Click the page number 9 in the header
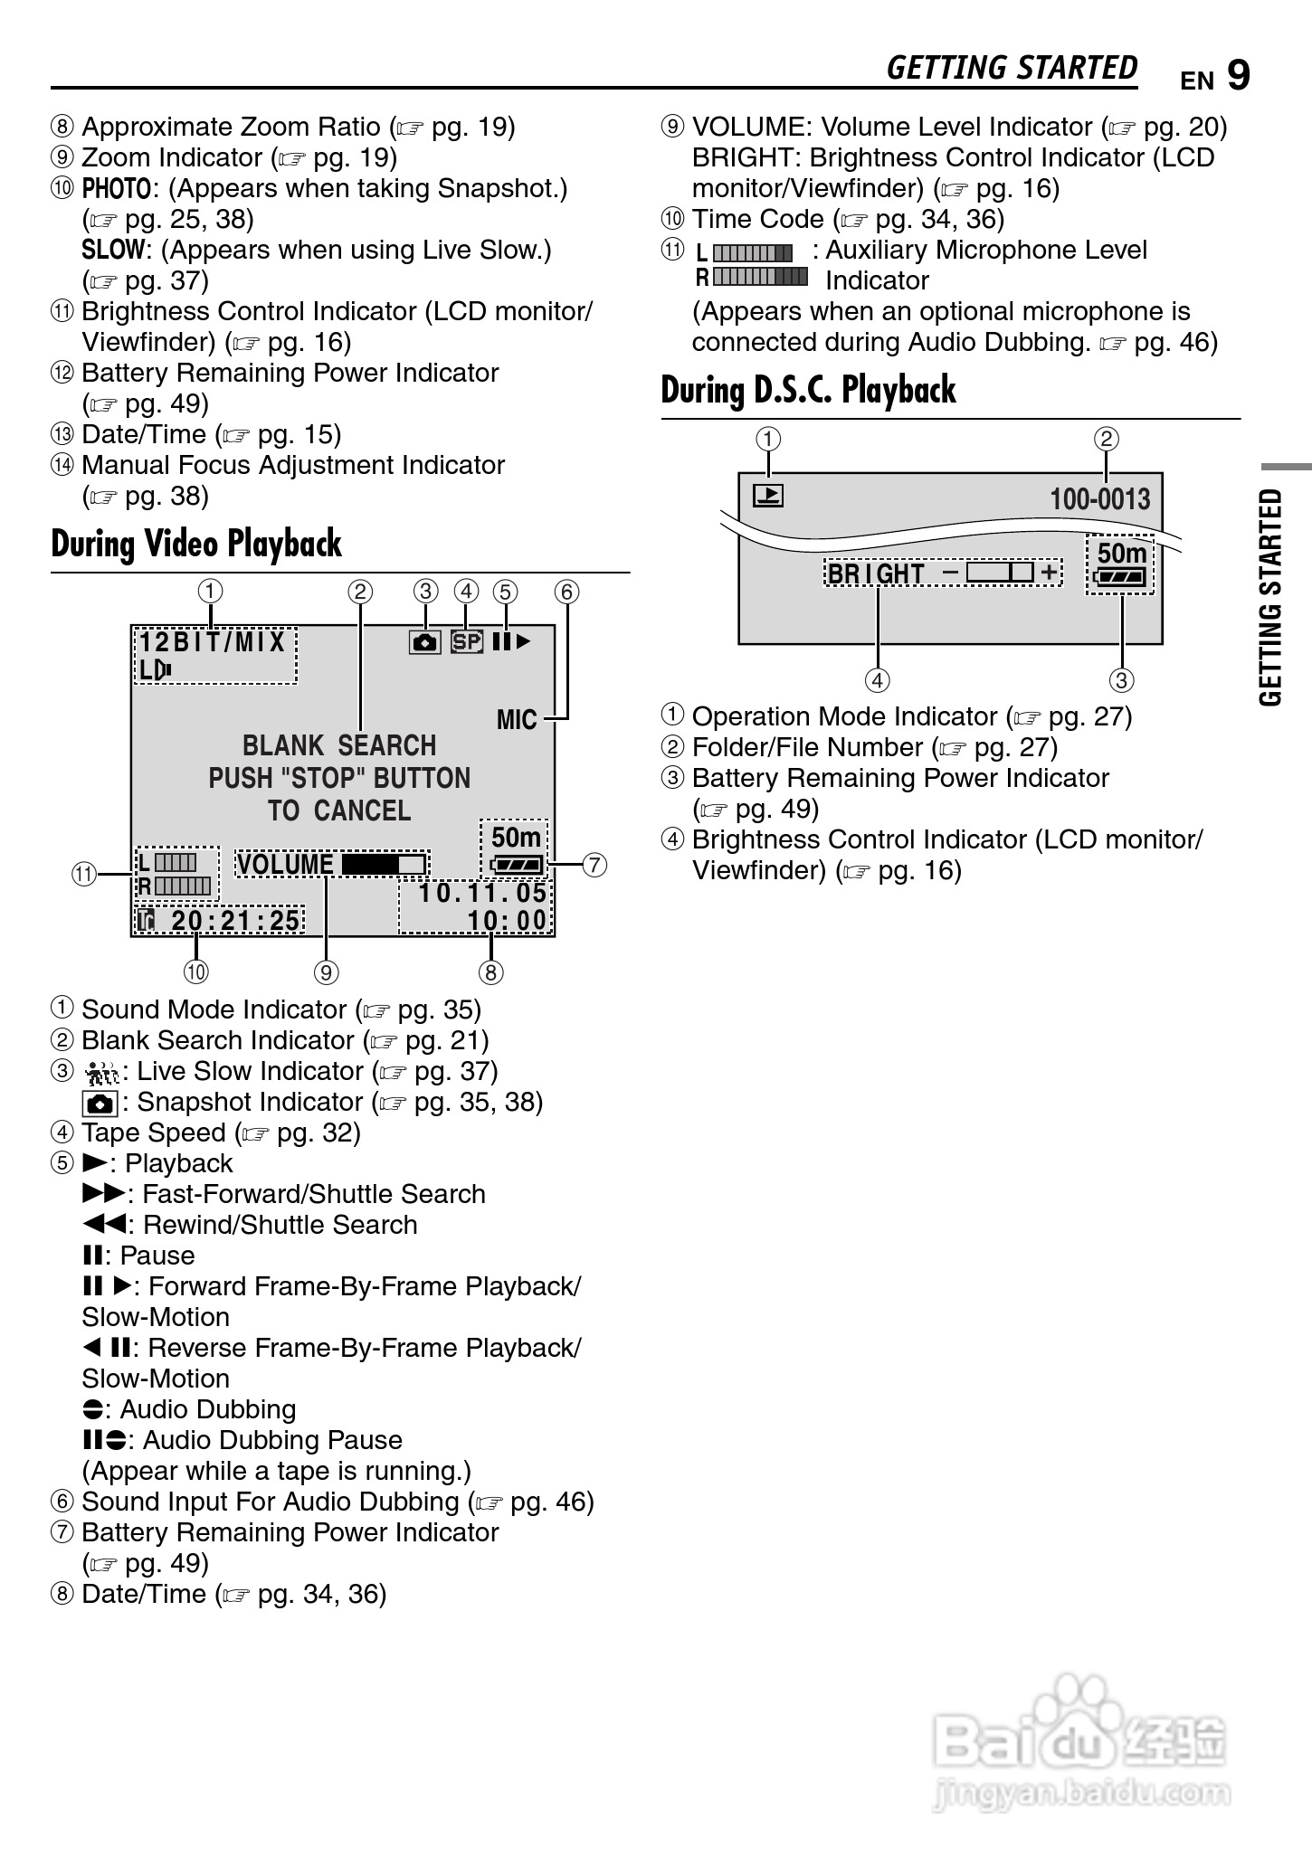(1239, 76)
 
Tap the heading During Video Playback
(196, 545)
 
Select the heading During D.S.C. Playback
(808, 391)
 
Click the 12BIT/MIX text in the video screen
(214, 643)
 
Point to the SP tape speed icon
(467, 642)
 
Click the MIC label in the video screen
(517, 720)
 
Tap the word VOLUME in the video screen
(286, 865)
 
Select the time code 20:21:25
(235, 921)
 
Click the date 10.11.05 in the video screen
(483, 894)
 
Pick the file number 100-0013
(1099, 499)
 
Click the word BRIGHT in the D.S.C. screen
(876, 574)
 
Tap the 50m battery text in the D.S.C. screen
(1122, 554)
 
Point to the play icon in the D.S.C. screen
(768, 496)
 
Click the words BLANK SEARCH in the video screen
(339, 746)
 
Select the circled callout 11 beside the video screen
(84, 875)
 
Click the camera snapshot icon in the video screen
(424, 642)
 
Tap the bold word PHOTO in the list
(117, 189)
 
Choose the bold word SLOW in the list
(113, 251)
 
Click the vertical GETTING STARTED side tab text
(1271, 597)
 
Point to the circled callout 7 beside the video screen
(594, 865)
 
